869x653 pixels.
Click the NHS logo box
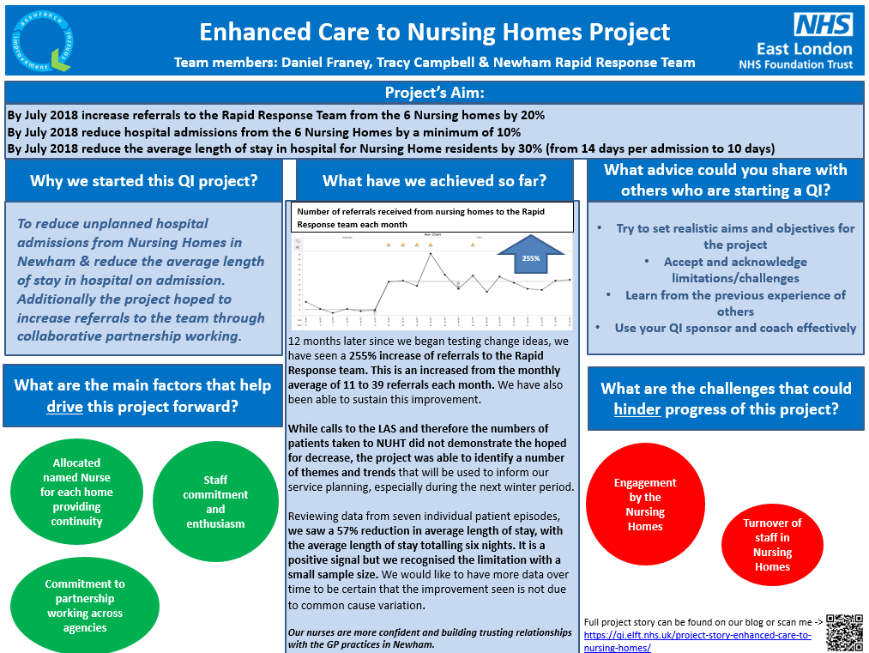point(823,23)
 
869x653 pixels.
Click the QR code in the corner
point(843,632)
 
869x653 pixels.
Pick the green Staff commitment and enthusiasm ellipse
point(215,502)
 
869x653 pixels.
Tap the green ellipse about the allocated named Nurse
point(76,492)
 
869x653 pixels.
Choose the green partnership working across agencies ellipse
point(85,606)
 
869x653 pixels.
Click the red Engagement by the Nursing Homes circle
point(645,505)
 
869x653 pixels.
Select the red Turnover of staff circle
point(772,544)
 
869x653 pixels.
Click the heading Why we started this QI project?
point(143,181)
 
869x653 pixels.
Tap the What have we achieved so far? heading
point(434,181)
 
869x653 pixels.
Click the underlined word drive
point(64,407)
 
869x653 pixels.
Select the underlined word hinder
point(637,409)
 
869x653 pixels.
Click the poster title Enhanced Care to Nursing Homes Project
point(434,33)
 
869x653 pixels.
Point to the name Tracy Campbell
point(492,63)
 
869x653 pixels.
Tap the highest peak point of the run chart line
point(431,253)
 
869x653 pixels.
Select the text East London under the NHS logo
point(804,48)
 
